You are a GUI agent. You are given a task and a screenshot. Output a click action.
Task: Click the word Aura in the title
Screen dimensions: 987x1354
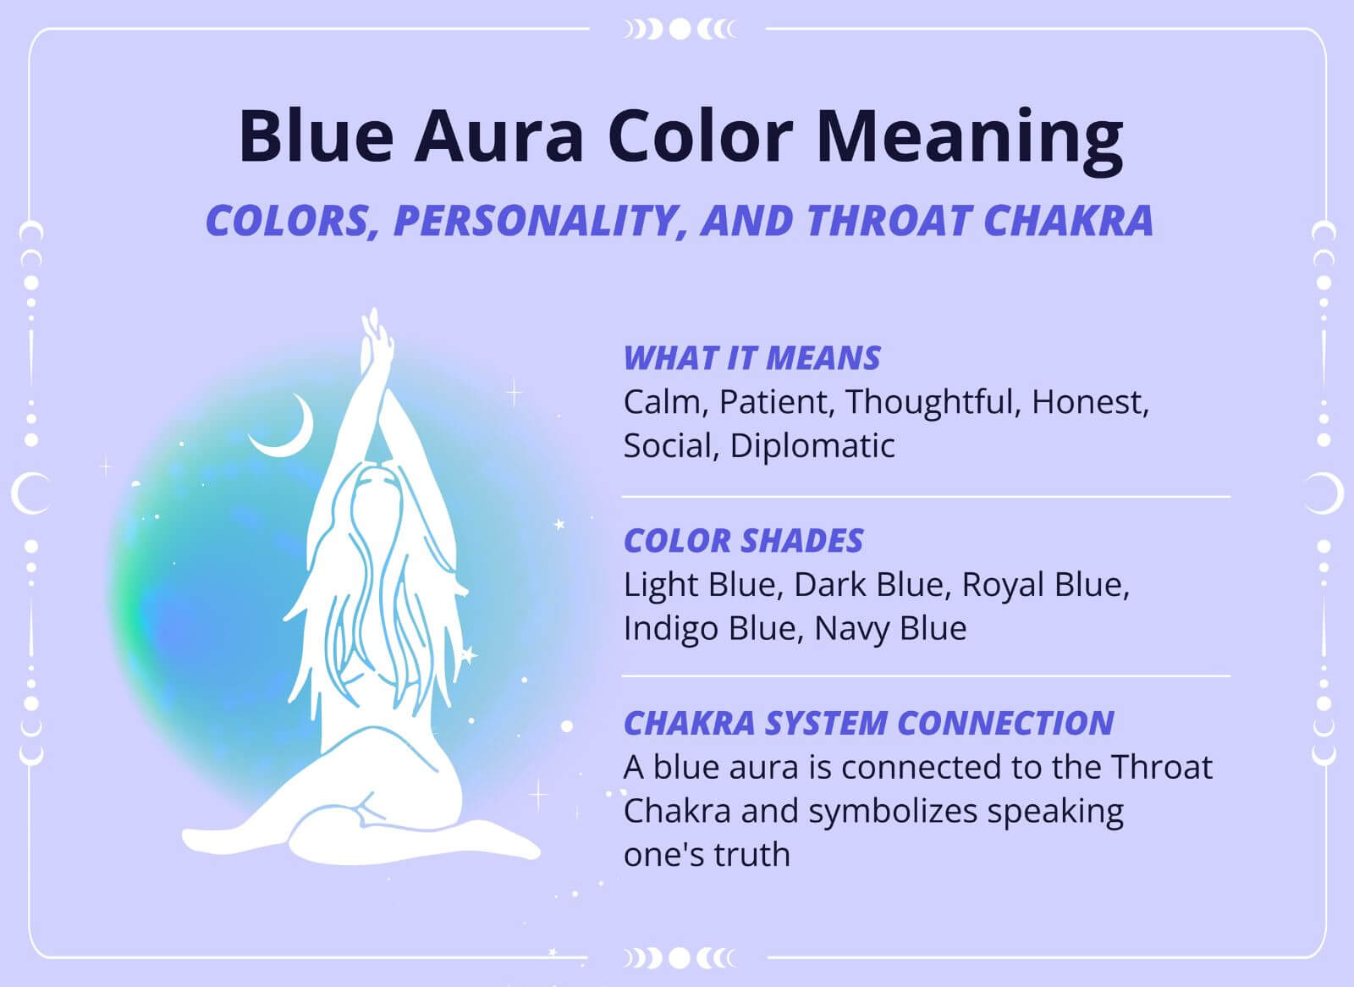499,135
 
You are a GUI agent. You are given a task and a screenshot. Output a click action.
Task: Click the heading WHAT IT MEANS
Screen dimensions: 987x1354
751,358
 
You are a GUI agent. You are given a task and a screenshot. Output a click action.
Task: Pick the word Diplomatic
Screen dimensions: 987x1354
812,445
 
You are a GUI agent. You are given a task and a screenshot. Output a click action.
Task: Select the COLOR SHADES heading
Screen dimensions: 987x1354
743,541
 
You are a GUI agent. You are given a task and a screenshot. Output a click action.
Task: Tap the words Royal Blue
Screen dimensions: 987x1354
1045,585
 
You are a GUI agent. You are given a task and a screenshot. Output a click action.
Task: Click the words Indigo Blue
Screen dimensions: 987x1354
706,628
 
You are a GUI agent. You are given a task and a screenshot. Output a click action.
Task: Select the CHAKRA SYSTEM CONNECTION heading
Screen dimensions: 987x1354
868,723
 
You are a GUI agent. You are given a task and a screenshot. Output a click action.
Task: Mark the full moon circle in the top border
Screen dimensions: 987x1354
679,30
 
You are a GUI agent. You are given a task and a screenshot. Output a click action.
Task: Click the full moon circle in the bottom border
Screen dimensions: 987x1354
679,958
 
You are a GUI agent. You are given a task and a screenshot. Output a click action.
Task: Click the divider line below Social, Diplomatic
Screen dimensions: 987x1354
926,497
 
